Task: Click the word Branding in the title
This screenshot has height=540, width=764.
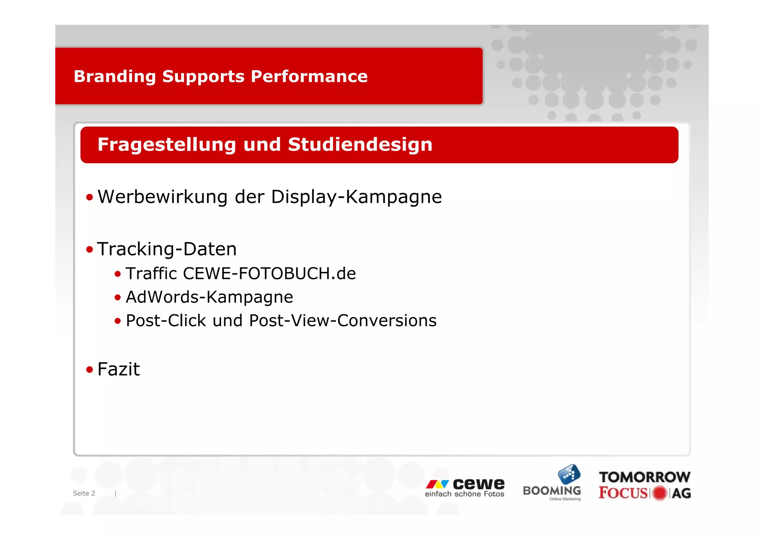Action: pos(115,77)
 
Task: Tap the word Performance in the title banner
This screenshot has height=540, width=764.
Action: pos(309,76)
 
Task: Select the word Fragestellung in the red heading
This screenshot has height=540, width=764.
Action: pos(166,145)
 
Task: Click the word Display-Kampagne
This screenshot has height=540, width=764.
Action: pos(356,197)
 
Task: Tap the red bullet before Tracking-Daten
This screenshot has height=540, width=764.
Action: pos(89,249)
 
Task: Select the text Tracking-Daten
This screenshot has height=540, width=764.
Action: pos(167,249)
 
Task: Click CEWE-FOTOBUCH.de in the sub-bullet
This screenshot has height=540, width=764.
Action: pos(269,274)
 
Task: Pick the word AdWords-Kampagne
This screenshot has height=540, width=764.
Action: pos(209,297)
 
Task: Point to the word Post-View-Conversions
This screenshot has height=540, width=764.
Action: pos(342,321)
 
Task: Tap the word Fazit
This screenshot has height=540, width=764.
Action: pos(118,370)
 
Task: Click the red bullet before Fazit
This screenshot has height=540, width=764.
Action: pos(89,370)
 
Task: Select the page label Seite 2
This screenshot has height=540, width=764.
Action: pos(84,493)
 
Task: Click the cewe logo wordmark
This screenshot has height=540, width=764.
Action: pos(478,484)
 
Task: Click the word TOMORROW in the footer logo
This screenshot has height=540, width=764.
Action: pos(644,477)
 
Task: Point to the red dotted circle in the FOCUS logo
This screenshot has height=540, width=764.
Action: pos(660,493)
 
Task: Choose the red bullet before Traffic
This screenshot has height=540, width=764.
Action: pos(118,274)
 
